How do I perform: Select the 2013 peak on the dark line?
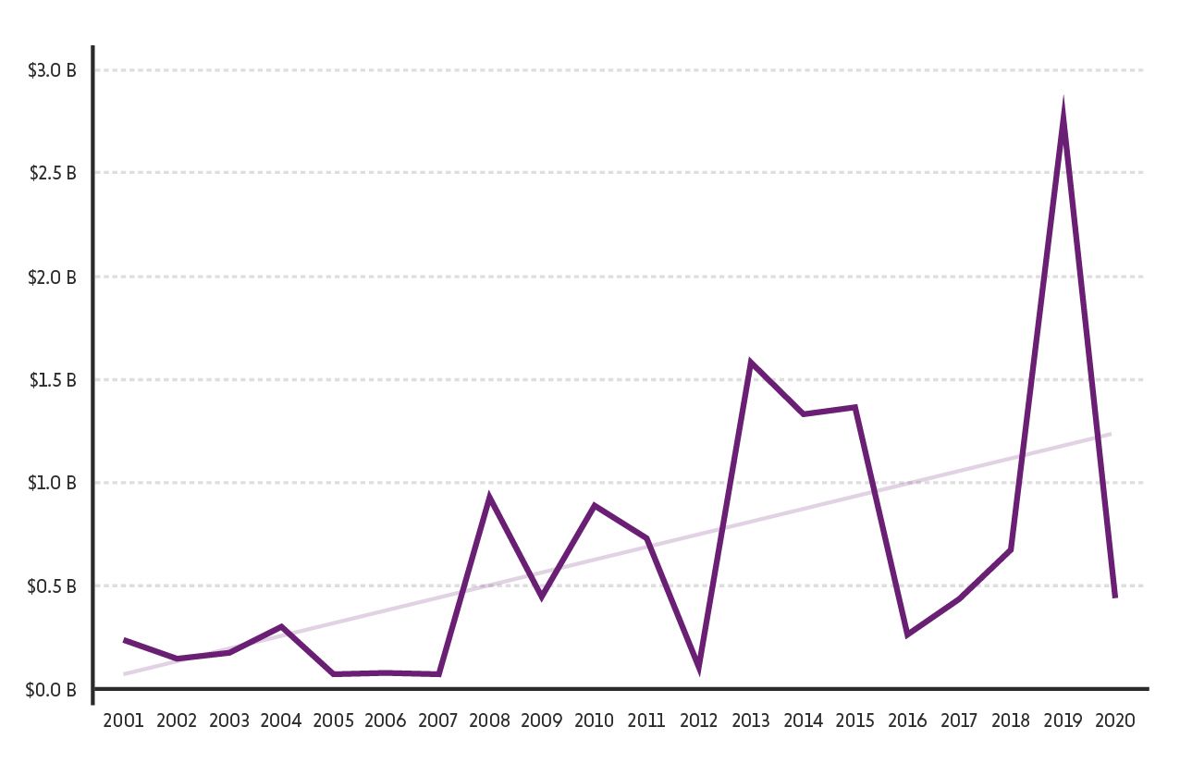point(751,363)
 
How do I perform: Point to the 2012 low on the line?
point(698,663)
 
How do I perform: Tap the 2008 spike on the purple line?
point(489,499)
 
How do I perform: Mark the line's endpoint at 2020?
point(1115,597)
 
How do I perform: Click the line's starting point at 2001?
point(124,640)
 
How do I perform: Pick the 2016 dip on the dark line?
point(907,634)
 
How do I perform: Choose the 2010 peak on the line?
point(594,506)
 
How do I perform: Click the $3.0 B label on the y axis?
point(52,70)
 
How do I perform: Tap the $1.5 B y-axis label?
point(52,380)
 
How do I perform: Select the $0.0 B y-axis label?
point(52,690)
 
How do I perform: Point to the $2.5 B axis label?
point(52,174)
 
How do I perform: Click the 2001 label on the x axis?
point(124,721)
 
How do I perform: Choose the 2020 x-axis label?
point(1115,721)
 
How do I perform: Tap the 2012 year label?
point(698,721)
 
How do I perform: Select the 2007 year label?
point(437,721)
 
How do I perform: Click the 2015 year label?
point(854,721)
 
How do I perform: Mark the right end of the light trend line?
point(1110,434)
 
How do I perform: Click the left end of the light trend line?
point(125,673)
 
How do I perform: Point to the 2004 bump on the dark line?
point(280,627)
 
